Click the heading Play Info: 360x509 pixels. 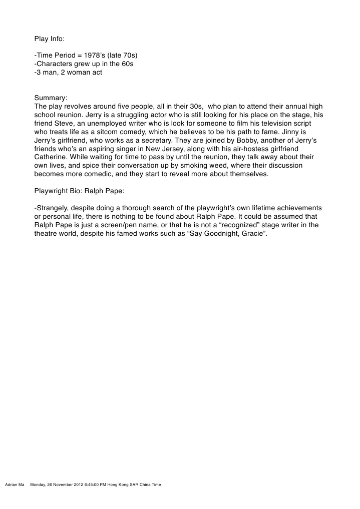49,39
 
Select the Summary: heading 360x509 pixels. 51,98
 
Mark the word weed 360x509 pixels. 197,166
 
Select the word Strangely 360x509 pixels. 54,208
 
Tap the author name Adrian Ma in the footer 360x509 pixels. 14,485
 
